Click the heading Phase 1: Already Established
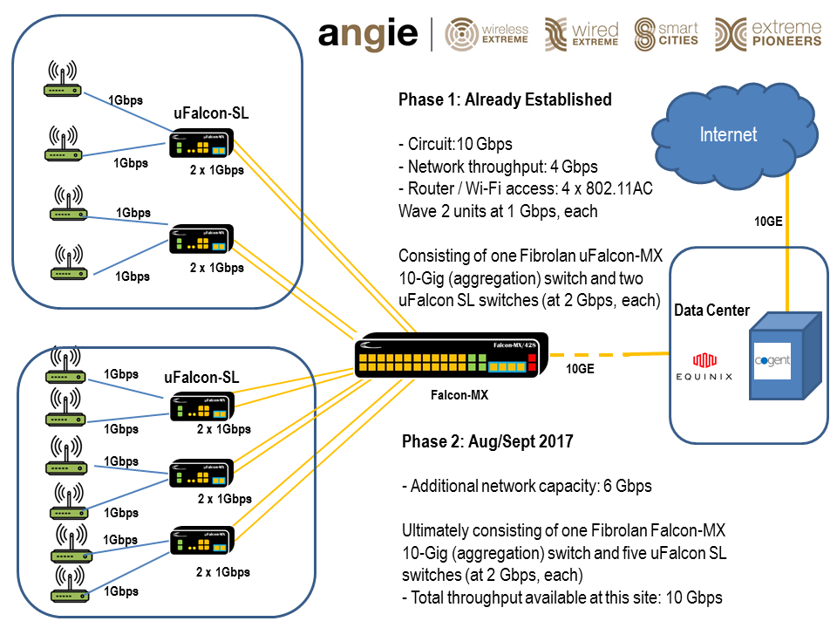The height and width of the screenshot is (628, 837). (x=505, y=99)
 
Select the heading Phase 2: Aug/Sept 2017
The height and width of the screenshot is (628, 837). (x=487, y=441)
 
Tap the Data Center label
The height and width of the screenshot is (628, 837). (x=711, y=311)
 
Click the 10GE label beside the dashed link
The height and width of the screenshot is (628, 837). (x=580, y=369)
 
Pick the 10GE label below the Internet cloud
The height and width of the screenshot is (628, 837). (x=768, y=222)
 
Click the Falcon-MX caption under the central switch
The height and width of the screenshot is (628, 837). (x=459, y=395)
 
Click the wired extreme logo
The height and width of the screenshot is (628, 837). (x=582, y=33)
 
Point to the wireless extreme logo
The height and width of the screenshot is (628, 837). (x=487, y=33)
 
